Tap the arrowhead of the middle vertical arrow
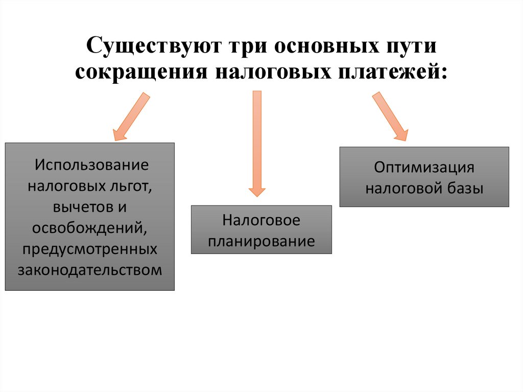(x=257, y=191)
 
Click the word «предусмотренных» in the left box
(x=90, y=249)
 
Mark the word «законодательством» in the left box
(x=90, y=270)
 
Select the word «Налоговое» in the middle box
(x=261, y=221)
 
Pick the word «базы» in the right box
(x=465, y=188)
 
